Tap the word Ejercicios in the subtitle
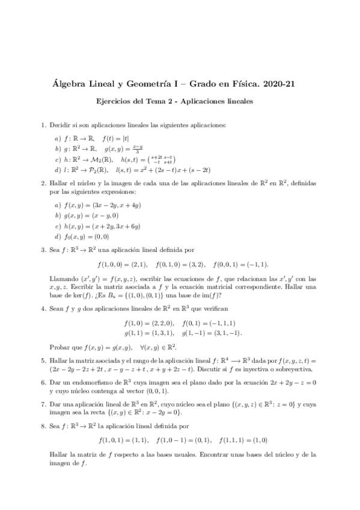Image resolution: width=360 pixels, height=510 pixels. click(116, 102)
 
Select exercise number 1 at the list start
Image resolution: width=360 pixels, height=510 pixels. click(43, 125)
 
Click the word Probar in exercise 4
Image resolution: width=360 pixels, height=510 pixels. click(59, 347)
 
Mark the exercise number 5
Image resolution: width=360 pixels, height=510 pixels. click(43, 360)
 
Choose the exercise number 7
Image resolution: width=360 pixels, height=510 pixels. click(43, 405)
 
